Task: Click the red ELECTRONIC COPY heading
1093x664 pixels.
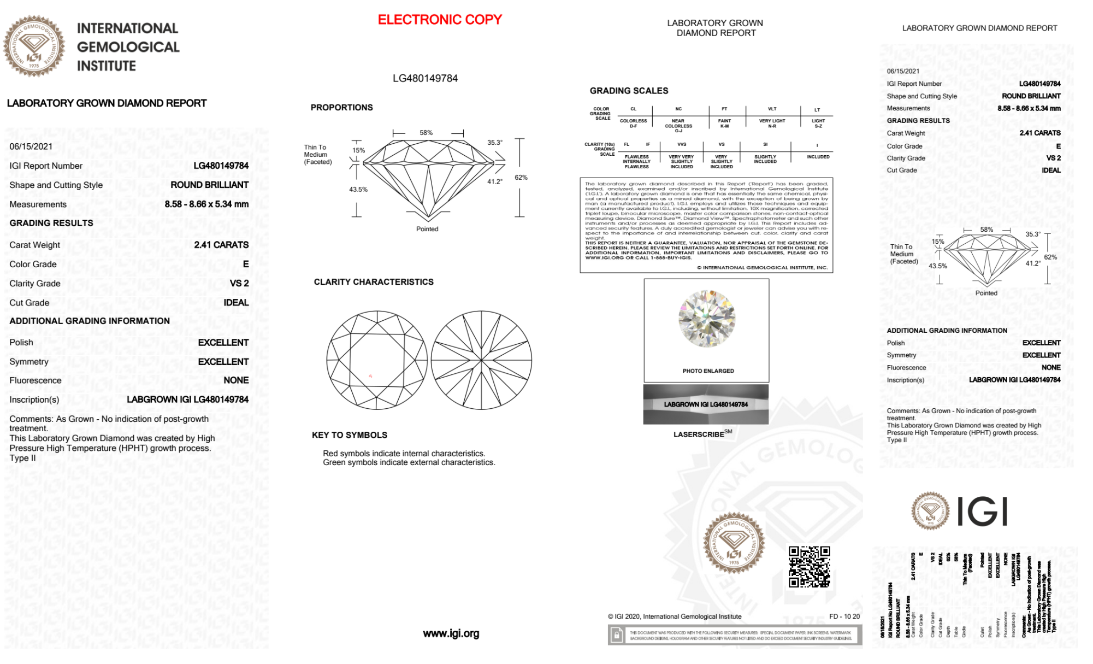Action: coord(440,20)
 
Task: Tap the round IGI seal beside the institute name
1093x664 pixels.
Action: coord(34,46)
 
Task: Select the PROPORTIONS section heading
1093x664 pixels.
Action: coord(341,108)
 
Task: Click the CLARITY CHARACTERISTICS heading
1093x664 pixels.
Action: coord(374,282)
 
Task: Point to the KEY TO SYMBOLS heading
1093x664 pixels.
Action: coord(350,435)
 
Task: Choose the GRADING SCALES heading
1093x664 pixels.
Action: coord(629,91)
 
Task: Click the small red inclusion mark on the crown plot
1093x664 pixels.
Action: coord(370,376)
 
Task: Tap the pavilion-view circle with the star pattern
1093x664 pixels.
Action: coord(481,360)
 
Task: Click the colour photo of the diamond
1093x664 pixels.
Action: coord(706,319)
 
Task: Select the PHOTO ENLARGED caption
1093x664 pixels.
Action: coord(708,371)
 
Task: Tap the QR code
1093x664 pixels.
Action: coord(810,566)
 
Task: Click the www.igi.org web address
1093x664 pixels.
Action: coord(451,633)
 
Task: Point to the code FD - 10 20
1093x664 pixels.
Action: coord(844,616)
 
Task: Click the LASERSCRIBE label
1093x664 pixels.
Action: coord(699,434)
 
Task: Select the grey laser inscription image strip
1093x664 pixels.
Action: coord(706,404)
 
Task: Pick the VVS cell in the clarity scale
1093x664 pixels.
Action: coord(682,145)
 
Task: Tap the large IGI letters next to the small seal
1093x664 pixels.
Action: coord(983,512)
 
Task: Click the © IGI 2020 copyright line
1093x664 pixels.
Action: coord(675,616)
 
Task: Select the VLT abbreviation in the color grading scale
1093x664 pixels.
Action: coord(772,109)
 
